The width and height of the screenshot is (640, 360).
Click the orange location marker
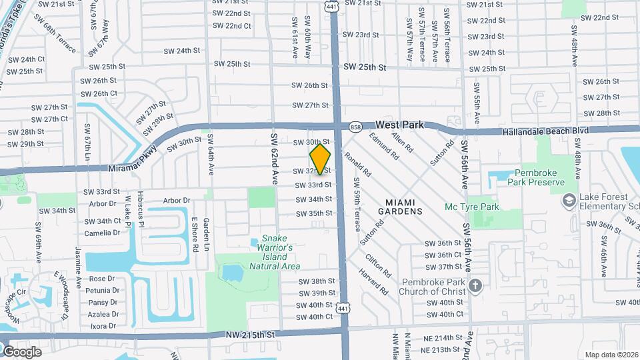point(320,159)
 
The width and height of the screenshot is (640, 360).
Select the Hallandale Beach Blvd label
point(547,131)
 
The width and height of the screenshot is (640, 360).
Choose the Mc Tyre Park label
point(471,207)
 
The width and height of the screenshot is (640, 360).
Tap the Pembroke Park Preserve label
point(535,177)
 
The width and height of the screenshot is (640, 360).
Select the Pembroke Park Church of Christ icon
point(475,287)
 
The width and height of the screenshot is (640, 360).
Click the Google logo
point(22,351)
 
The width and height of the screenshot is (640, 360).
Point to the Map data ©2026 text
point(610,355)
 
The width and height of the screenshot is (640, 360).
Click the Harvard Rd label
point(378,283)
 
